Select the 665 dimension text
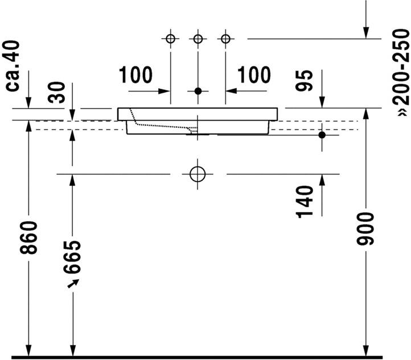73,257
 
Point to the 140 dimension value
305,201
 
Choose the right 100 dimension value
253,75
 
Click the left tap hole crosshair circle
170,39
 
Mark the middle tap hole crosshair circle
198,39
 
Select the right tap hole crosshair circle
226,39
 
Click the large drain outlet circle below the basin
198,173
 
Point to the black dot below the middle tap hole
198,91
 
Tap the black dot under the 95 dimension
322,135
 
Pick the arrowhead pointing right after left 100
166,91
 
